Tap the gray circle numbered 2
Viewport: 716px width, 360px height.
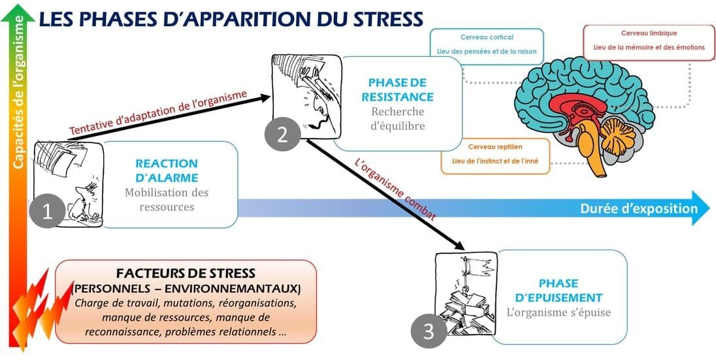pyautogui.click(x=282, y=134)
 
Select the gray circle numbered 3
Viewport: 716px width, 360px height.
pyautogui.click(x=428, y=332)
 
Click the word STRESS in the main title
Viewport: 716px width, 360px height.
pyautogui.click(x=384, y=19)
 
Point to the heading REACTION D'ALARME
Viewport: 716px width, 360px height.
pyautogui.click(x=166, y=170)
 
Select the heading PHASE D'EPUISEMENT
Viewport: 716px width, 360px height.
pyautogui.click(x=559, y=290)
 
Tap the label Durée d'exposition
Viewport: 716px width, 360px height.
pyautogui.click(x=638, y=208)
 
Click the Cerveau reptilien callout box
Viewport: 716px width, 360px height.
pyautogui.click(x=495, y=155)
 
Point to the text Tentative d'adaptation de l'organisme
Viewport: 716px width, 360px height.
pyautogui.click(x=157, y=111)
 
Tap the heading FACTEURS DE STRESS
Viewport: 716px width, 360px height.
pyautogui.click(x=186, y=272)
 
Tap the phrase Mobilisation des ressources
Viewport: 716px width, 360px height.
pyautogui.click(x=167, y=199)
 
